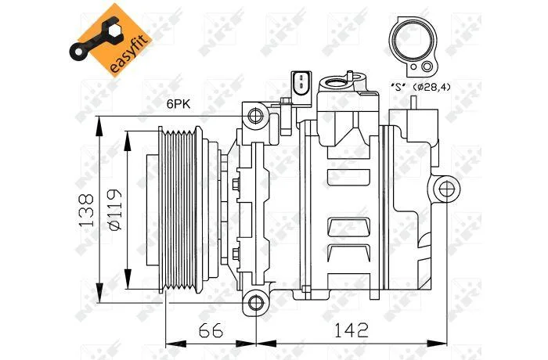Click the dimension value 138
[86, 210]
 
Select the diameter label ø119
[114, 210]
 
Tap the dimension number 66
[211, 330]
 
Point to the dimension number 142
[352, 330]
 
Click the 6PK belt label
[178, 104]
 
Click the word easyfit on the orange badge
[130, 54]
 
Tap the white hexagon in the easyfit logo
[114, 33]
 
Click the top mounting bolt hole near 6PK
[255, 115]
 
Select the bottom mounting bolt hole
[256, 302]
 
